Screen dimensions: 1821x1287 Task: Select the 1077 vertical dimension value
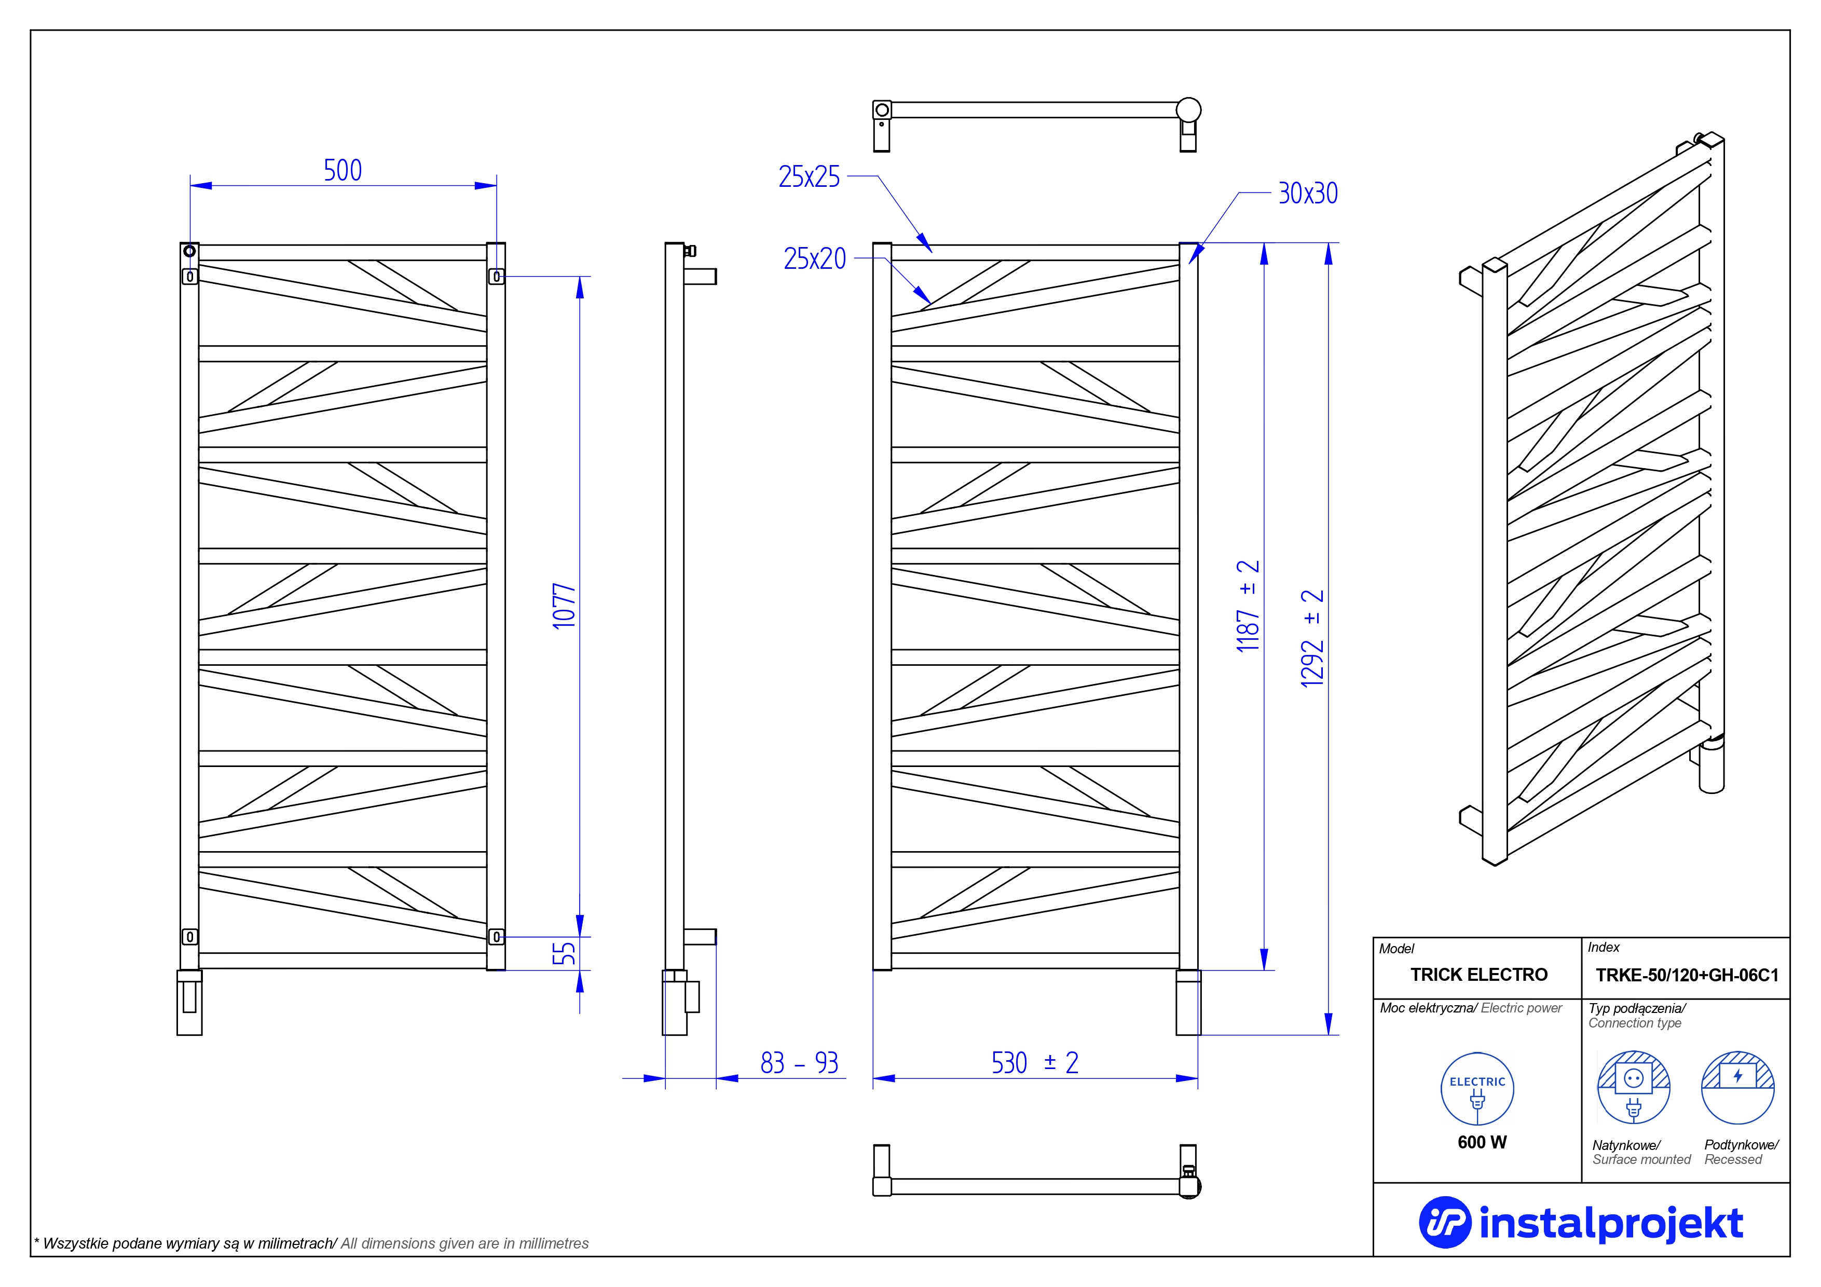[x=564, y=607]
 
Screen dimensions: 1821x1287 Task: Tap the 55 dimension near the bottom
[x=564, y=953]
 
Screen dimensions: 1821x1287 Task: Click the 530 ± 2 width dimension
[x=1035, y=1063]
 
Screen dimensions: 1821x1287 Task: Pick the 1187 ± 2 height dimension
[x=1248, y=606]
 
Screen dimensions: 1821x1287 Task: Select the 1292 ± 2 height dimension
[x=1312, y=638]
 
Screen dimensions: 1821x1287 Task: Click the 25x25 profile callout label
[x=809, y=176]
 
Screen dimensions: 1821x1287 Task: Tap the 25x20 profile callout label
[x=815, y=258]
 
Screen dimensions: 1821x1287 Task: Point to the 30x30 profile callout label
[x=1308, y=193]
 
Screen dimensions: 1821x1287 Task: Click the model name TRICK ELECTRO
[x=1478, y=975]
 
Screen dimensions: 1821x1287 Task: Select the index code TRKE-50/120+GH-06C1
[x=1687, y=975]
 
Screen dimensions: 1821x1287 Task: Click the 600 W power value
[x=1482, y=1142]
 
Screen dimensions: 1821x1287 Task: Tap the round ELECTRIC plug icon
[x=1477, y=1089]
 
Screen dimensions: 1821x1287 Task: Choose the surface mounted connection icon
[x=1633, y=1087]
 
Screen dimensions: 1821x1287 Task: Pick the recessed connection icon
[x=1738, y=1087]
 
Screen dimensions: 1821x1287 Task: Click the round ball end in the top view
[x=1188, y=109]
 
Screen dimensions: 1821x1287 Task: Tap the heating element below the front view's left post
[x=189, y=1002]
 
